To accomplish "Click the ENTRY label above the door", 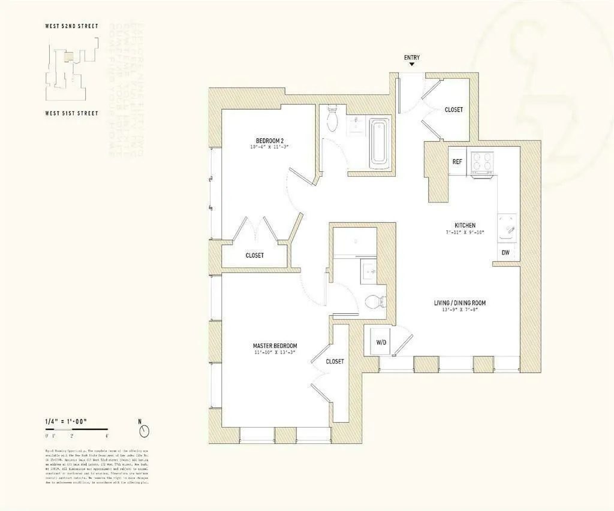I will coord(411,58).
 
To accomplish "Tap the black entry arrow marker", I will coord(411,66).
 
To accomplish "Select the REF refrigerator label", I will coord(457,162).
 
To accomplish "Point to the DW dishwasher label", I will coord(505,253).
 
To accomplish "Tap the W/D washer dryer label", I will coord(381,343).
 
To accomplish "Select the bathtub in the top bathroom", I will coord(379,142).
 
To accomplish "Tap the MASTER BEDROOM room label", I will coord(275,346).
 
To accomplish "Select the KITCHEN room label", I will coord(465,226).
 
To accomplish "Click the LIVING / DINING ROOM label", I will coord(460,303).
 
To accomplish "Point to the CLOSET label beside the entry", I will coord(453,110).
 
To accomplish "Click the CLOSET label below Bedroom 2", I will coord(254,255).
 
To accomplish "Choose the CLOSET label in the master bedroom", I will coord(335,361).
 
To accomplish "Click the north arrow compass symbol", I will coord(143,430).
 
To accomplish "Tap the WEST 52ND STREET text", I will coord(71,26).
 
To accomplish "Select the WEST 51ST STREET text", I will coord(71,113).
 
